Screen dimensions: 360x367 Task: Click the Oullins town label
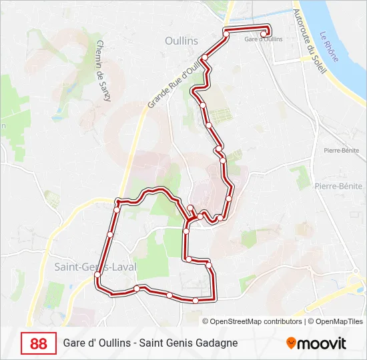point(181,41)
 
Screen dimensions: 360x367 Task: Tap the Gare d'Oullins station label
point(264,39)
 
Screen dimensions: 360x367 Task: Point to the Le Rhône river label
point(328,47)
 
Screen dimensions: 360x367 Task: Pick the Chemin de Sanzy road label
point(103,71)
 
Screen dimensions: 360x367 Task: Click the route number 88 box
point(39,343)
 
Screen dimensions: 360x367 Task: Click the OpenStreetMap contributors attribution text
point(257,321)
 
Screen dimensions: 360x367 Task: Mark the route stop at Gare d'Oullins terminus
point(264,34)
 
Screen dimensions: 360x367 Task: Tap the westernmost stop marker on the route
point(97,275)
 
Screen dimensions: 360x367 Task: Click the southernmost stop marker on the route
point(196,301)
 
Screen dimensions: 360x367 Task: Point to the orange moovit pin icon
point(291,343)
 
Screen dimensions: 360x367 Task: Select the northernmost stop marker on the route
point(226,32)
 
